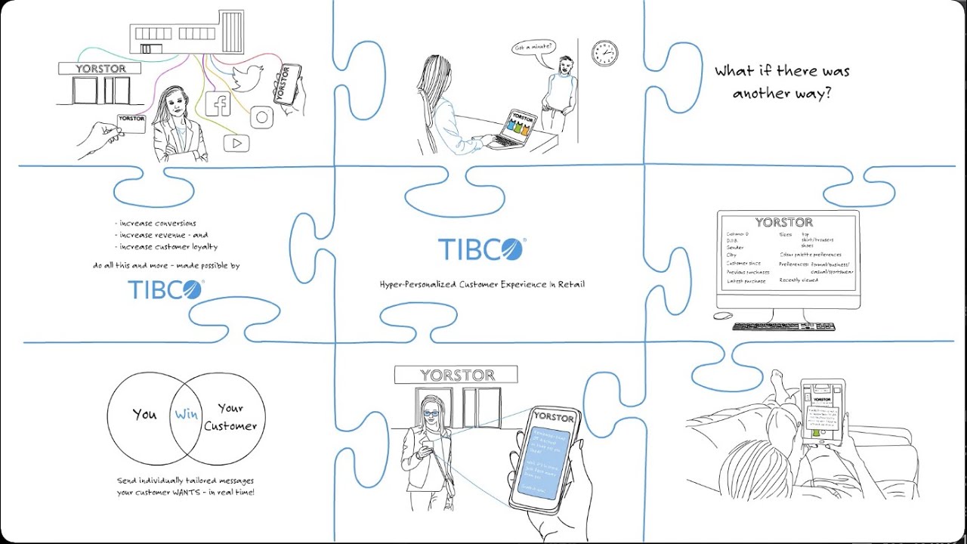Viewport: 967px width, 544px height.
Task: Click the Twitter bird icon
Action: point(246,78)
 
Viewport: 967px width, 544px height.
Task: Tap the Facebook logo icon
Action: point(218,104)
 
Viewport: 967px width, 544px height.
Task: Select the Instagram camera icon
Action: point(261,116)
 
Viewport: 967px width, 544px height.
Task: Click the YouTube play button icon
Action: point(236,142)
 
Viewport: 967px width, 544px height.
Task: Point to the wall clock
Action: point(604,53)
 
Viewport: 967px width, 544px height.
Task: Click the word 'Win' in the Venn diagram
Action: point(186,413)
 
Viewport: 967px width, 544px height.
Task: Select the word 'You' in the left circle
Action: point(144,414)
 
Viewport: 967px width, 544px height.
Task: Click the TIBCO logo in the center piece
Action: point(481,249)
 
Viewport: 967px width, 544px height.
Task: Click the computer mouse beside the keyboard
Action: point(723,315)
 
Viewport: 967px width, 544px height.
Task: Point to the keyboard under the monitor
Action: point(783,326)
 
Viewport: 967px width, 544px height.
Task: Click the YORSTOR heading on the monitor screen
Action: point(783,222)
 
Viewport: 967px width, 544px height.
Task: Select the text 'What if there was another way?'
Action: point(782,82)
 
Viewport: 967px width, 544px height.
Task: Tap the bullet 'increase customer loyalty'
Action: point(168,246)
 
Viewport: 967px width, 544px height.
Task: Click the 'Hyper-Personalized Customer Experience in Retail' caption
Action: point(482,284)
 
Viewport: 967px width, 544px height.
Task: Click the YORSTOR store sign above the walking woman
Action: point(456,375)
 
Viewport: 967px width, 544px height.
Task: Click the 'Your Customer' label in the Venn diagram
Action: point(230,417)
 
